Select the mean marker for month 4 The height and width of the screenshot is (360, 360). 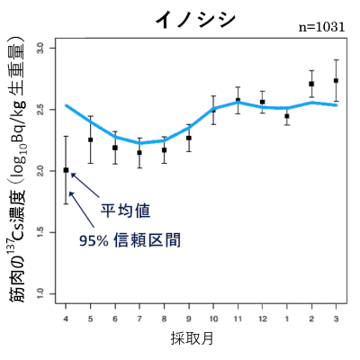click(x=66, y=169)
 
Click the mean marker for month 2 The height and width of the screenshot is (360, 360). click(x=311, y=84)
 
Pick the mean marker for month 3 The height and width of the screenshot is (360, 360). click(x=336, y=81)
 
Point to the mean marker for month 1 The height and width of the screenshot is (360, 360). click(x=287, y=116)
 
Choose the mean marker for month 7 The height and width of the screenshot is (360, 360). click(x=139, y=152)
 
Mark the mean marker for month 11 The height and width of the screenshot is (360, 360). click(x=238, y=100)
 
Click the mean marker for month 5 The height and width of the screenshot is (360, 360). click(x=90, y=139)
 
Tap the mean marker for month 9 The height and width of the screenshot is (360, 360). click(x=189, y=138)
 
